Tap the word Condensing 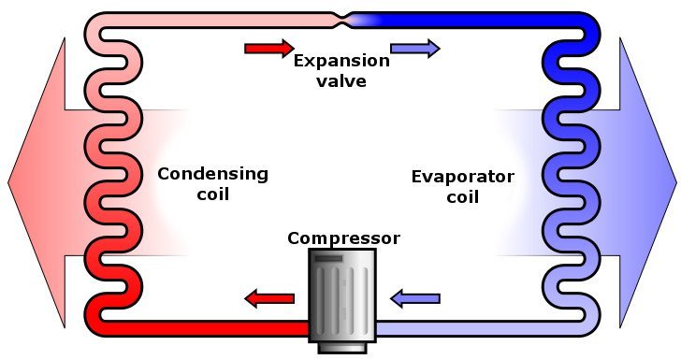pos(212,174)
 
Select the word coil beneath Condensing pos(212,194)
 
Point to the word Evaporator pos(463,176)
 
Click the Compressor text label pos(343,238)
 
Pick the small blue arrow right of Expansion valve pos(414,49)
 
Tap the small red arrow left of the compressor pos(268,299)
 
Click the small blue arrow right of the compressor pos(414,299)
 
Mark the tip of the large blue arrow pos(673,181)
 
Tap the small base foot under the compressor pos(341,348)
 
